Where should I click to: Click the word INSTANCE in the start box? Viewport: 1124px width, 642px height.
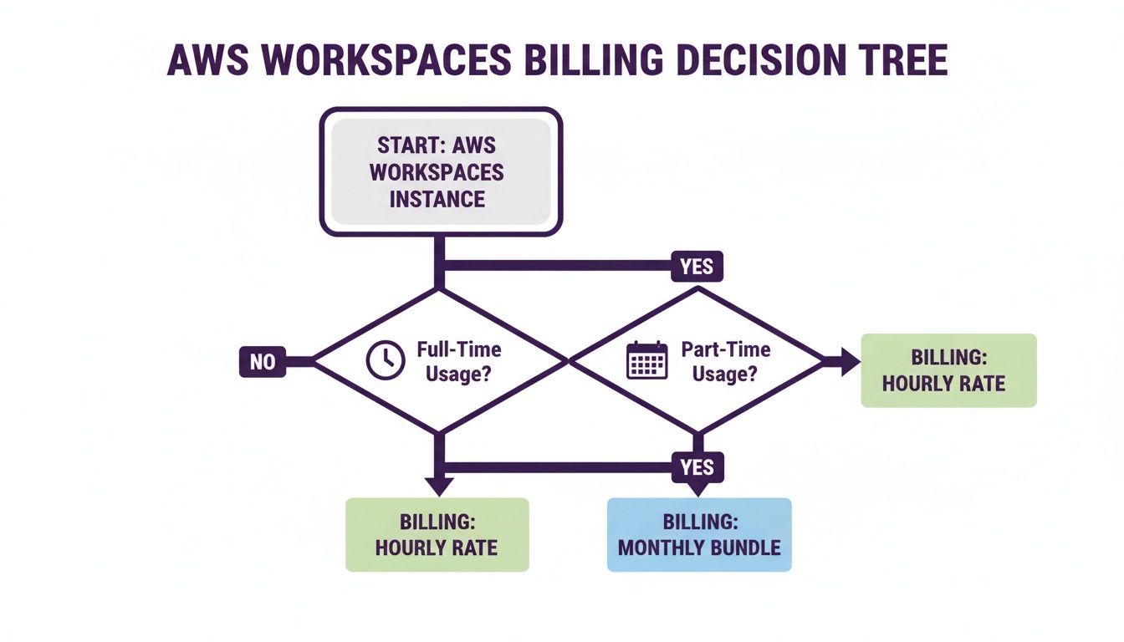pyautogui.click(x=437, y=199)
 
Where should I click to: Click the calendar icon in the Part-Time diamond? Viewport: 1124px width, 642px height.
pyautogui.click(x=647, y=360)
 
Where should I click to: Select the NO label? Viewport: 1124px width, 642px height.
pyautogui.click(x=262, y=362)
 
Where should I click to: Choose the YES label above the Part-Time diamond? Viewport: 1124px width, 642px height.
pyautogui.click(x=696, y=266)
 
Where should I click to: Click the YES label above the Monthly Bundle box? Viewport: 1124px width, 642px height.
pyautogui.click(x=697, y=466)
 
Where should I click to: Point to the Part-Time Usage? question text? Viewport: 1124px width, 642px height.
pyautogui.click(x=724, y=361)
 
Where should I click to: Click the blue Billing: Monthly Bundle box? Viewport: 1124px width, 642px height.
pyautogui.click(x=698, y=535)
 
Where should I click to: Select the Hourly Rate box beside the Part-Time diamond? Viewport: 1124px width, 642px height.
pyautogui.click(x=948, y=370)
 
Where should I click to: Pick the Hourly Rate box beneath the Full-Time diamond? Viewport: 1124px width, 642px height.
pyautogui.click(x=437, y=535)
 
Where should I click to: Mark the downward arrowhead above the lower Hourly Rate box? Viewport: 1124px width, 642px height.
pyautogui.click(x=438, y=485)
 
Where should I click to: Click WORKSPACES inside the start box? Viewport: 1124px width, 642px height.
pyautogui.click(x=437, y=171)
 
